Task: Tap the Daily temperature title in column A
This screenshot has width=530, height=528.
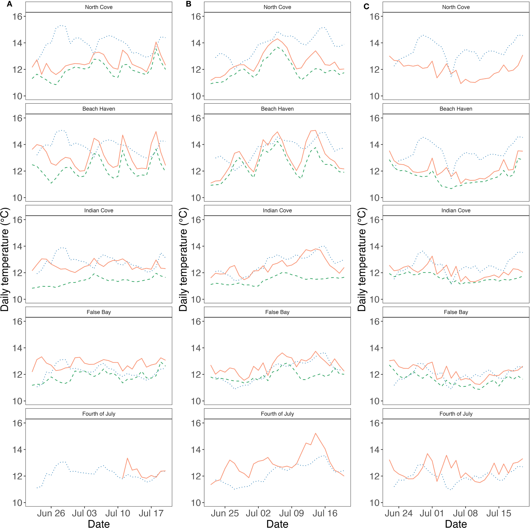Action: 5,259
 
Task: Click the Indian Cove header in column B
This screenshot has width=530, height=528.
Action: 277,210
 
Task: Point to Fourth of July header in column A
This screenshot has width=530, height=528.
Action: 99,414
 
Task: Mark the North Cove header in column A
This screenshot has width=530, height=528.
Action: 99,7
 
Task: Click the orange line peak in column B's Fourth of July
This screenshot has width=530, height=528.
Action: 315,433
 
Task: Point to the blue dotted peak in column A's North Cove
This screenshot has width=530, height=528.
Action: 61,25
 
